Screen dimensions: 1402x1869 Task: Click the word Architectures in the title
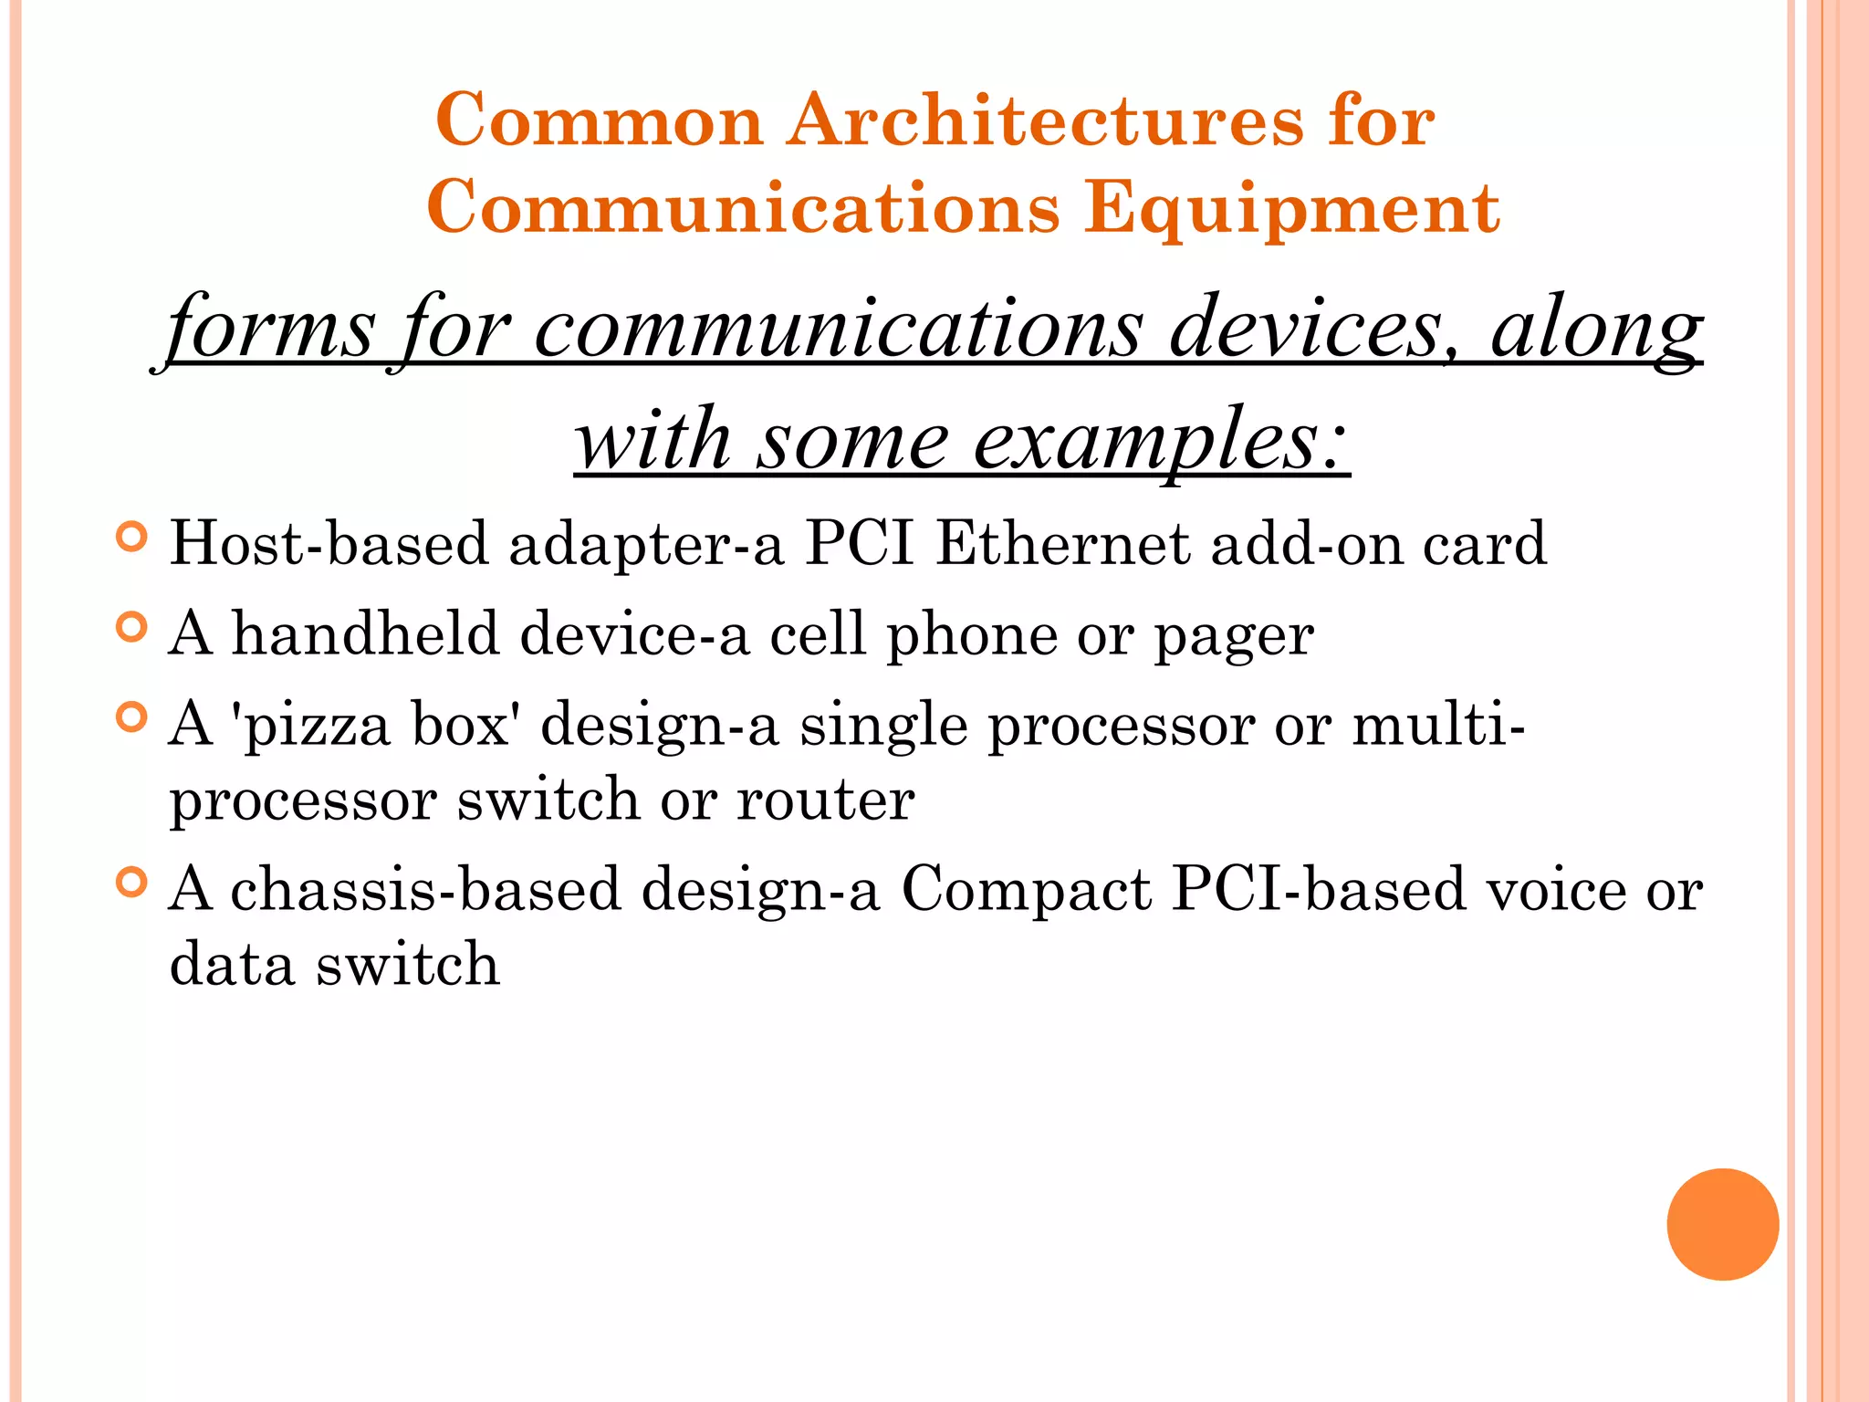tap(1045, 121)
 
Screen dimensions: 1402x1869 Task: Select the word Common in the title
tap(599, 121)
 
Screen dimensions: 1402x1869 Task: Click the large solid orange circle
tap(1722, 1224)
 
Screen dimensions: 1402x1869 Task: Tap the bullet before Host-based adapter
tap(132, 537)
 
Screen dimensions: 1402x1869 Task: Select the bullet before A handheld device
tap(132, 628)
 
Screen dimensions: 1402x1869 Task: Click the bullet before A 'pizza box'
tap(132, 717)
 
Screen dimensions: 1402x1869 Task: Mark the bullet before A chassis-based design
tap(132, 883)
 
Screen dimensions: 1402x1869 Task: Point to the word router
tap(825, 800)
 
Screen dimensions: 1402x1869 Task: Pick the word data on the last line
tap(232, 965)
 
